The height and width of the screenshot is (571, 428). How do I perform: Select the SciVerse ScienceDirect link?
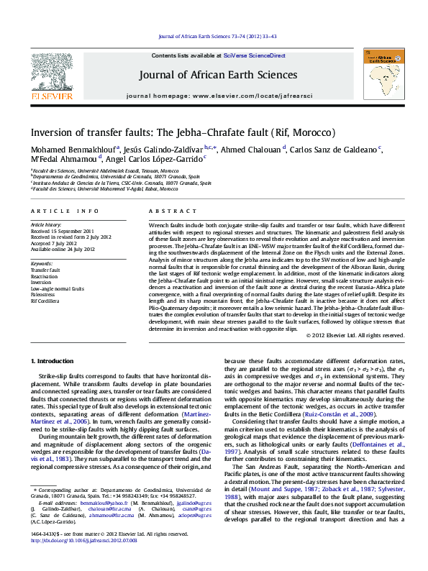click(254, 55)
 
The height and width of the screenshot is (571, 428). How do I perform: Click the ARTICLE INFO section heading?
click(65, 211)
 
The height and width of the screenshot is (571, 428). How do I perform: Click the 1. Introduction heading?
click(55, 360)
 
